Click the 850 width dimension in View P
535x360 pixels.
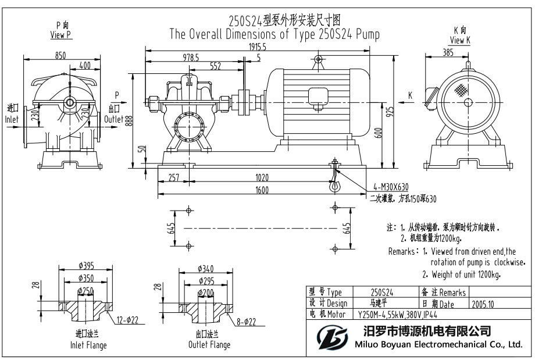(60, 55)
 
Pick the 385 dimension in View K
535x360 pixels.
(447, 52)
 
